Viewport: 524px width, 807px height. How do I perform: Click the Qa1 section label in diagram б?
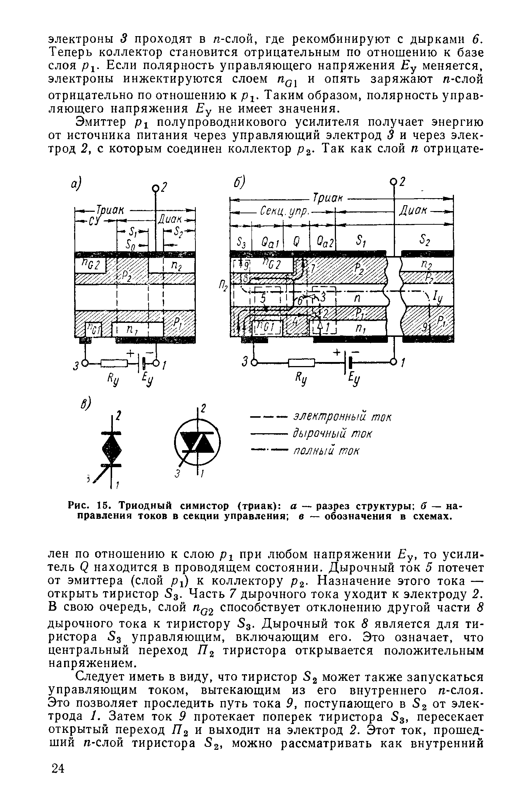267,242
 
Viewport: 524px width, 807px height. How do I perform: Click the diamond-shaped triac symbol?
112,448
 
